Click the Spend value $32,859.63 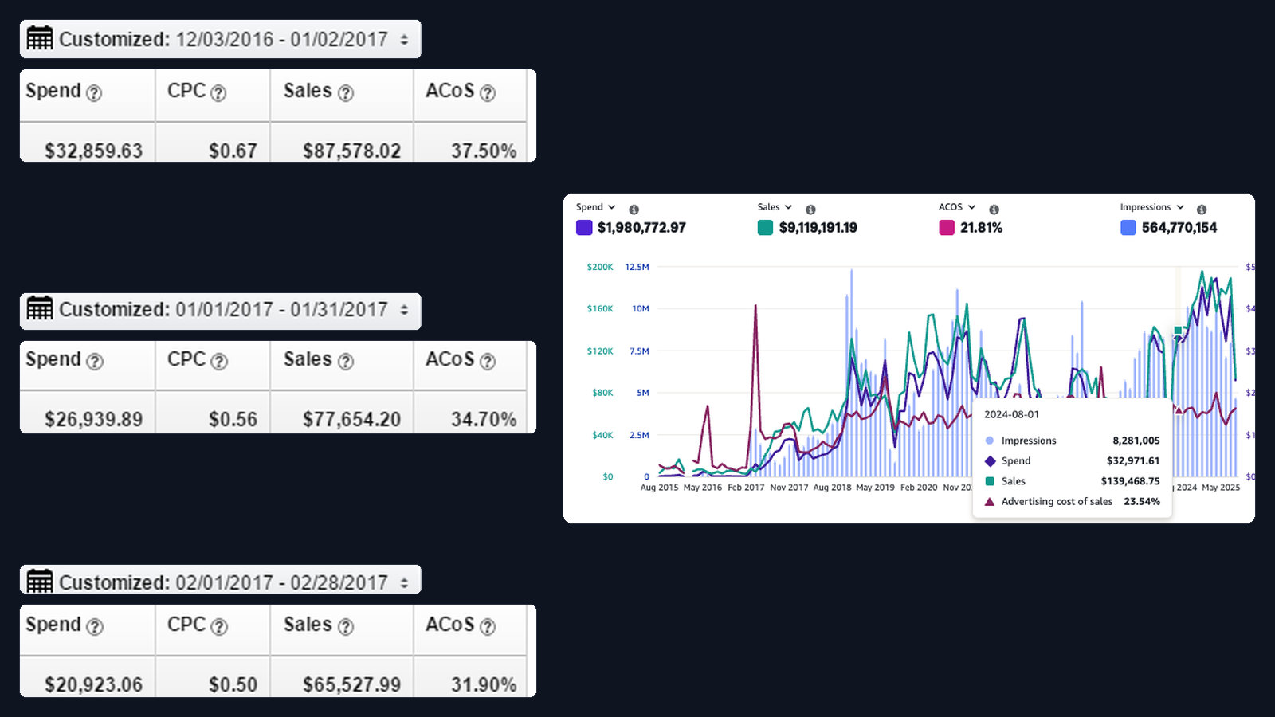tap(94, 151)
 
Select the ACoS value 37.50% tap(484, 151)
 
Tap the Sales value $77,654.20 tap(351, 419)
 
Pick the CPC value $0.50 tap(233, 684)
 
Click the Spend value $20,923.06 tap(94, 684)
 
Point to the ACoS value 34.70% tap(484, 419)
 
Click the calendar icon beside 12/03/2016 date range tap(40, 39)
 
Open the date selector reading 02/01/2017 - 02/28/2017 tap(220, 581)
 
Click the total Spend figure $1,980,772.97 tap(641, 228)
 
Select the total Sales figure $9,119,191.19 tap(818, 228)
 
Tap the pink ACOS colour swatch tap(947, 228)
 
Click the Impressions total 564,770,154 tap(1179, 228)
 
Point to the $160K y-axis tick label tap(600, 308)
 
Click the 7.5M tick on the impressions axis tap(639, 351)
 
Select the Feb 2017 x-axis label tap(746, 488)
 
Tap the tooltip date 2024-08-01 tap(1011, 414)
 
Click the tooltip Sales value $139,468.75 tap(1130, 481)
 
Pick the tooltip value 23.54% tap(1142, 501)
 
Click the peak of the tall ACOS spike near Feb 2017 tap(755, 306)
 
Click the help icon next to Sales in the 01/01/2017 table tap(346, 362)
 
